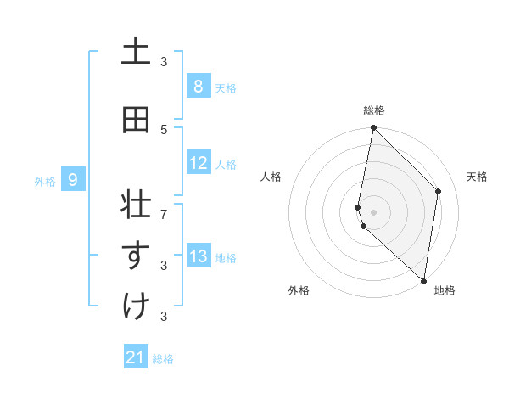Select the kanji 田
(x=136, y=120)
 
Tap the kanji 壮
(x=136, y=206)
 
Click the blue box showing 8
(x=198, y=86)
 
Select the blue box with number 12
(x=198, y=163)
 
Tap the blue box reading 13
(x=198, y=256)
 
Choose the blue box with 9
(x=73, y=179)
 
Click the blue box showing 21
(x=136, y=357)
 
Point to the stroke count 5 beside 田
(x=164, y=129)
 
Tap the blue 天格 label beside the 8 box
(x=226, y=87)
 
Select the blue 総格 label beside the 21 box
(x=163, y=359)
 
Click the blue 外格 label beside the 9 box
(x=45, y=181)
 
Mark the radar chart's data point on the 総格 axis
(x=373, y=128)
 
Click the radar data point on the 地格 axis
(x=423, y=279)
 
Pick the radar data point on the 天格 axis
(x=439, y=191)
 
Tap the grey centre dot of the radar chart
(x=373, y=211)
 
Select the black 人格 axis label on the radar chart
(x=271, y=177)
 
